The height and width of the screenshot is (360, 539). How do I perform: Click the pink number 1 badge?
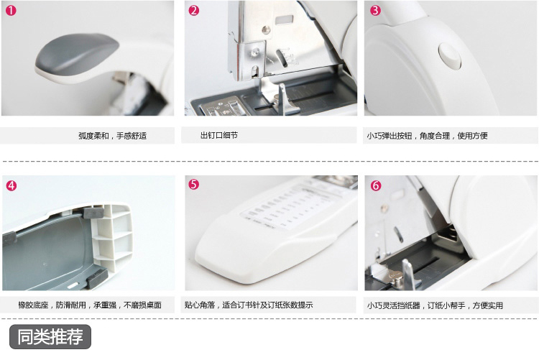tap(11, 10)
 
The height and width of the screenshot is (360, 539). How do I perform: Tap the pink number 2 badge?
tap(194, 10)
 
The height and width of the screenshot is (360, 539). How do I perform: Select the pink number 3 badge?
tap(375, 10)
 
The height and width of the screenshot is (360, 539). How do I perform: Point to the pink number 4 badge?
tap(11, 185)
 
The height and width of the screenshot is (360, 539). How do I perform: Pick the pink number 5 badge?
tap(194, 184)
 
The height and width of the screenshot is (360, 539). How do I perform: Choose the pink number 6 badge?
tap(376, 185)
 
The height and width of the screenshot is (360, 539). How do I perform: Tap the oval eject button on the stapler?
tap(450, 56)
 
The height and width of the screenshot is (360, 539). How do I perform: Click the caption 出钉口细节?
tap(219, 135)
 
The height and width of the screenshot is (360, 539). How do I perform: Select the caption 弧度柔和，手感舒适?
tap(112, 136)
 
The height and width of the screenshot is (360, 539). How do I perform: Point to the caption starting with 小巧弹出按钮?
tap(427, 136)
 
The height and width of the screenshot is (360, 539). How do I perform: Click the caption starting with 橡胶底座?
tap(90, 305)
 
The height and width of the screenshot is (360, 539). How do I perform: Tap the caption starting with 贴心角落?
tap(249, 305)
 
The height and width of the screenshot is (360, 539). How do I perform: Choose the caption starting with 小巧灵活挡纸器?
tap(435, 305)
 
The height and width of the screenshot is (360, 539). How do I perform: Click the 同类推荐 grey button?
tap(50, 336)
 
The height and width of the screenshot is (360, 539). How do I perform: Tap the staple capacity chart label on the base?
tap(289, 208)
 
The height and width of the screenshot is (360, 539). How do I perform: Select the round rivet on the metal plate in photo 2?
tap(265, 30)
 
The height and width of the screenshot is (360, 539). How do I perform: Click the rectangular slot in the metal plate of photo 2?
tap(285, 20)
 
